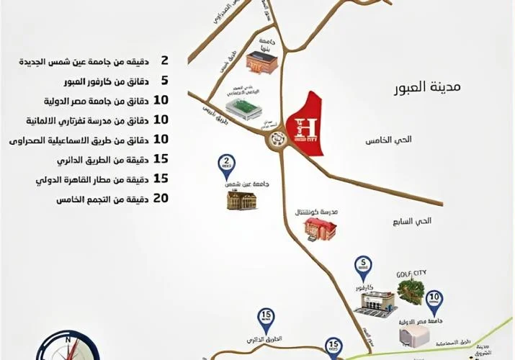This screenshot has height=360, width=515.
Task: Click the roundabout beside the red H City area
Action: coord(275,138)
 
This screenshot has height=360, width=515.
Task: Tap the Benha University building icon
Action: coord(258,63)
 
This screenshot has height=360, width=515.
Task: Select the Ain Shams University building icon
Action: coord(241,199)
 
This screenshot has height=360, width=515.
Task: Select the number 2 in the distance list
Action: coord(164,63)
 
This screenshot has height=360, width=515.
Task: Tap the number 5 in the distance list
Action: coord(164,80)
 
